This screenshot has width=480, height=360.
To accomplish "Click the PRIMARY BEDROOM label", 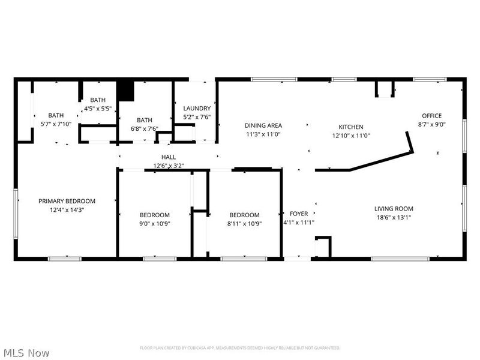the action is (x=67, y=201).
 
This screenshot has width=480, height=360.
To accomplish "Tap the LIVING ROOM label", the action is (x=394, y=209).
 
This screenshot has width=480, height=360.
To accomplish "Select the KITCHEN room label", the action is (x=351, y=127).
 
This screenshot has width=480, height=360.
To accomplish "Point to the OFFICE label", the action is (x=431, y=116).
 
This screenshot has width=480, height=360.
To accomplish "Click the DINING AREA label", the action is (x=263, y=125).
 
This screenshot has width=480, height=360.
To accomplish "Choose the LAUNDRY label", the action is (x=197, y=109).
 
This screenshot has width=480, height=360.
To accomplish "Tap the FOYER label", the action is (x=299, y=214).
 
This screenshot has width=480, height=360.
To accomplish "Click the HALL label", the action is (x=169, y=157).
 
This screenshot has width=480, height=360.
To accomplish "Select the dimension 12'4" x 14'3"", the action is (x=67, y=210).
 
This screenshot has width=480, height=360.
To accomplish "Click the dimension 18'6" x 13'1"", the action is (x=394, y=218).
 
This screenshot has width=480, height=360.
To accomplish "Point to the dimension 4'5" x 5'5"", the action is (x=98, y=109).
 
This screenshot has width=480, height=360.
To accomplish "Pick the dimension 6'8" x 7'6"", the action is (x=145, y=129).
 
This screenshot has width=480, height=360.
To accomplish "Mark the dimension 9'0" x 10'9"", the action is (x=155, y=224).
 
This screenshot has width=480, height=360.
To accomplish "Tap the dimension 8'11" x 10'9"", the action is (x=244, y=224).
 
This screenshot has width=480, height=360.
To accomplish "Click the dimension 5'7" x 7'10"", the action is (x=56, y=124).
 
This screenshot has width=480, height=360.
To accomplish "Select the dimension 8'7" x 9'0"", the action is (x=431, y=125).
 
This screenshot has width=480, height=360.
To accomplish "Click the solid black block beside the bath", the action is (x=126, y=91).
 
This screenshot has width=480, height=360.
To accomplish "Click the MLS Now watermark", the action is (x=25, y=353).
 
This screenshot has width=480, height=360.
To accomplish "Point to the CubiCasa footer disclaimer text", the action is (x=240, y=348).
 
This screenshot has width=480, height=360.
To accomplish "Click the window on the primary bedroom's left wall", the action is (x=16, y=214).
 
